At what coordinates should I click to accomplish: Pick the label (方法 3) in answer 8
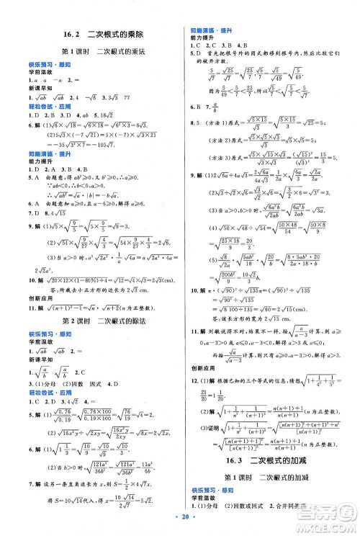[x=207, y=156]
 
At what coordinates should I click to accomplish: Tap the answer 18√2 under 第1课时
[x=106, y=114]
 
